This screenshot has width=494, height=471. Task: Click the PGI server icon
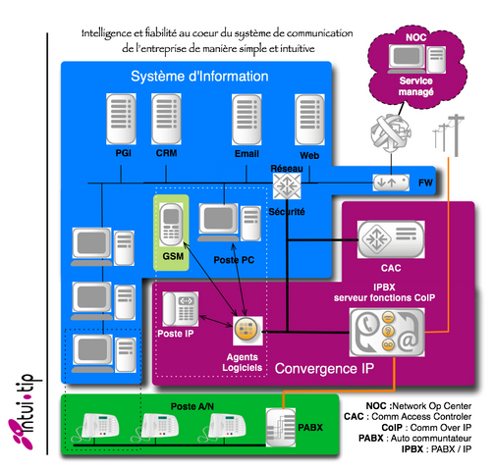click(x=126, y=120)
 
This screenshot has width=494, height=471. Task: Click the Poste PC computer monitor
click(x=219, y=224)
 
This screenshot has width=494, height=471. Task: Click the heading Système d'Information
click(x=186, y=77)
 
